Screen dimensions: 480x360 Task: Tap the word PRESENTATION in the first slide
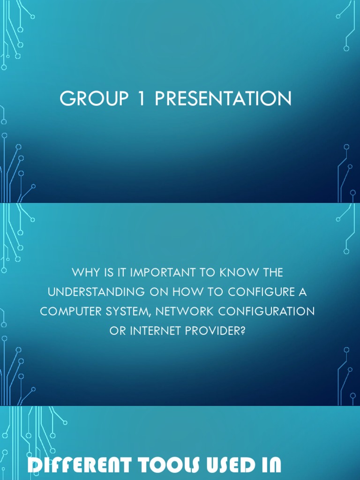coord(223,99)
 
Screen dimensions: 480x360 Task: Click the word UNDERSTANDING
coord(96,292)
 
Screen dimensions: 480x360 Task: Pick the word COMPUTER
coord(68,311)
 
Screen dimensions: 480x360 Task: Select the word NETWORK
coord(183,311)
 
